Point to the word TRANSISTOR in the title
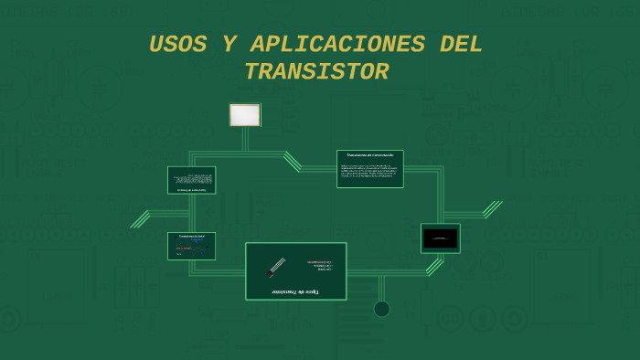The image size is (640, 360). point(316,72)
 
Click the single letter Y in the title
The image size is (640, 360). point(229,45)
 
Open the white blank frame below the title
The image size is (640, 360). point(245,115)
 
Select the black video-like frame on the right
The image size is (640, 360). point(441,238)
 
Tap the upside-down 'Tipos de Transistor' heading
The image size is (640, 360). point(296,291)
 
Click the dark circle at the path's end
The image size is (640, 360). point(382,309)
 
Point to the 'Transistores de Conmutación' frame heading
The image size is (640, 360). point(370,155)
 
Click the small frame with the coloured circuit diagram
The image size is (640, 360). point(192,246)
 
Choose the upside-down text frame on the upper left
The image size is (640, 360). point(192,180)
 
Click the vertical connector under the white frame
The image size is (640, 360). point(245,139)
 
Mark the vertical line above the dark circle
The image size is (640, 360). point(382,288)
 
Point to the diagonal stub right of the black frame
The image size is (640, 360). point(493,209)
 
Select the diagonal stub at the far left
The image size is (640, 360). point(140,219)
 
